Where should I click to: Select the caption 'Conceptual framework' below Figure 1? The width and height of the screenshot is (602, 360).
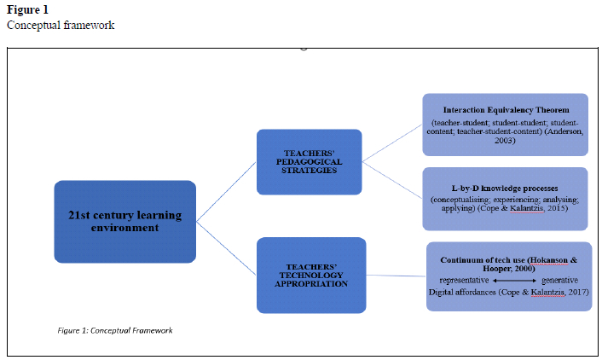click(x=61, y=25)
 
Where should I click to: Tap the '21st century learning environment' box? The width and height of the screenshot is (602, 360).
click(x=124, y=221)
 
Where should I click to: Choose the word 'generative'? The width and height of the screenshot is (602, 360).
click(x=559, y=280)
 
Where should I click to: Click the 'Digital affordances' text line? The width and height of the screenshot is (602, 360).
click(x=508, y=292)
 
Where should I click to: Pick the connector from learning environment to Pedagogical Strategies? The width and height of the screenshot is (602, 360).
click(x=226, y=193)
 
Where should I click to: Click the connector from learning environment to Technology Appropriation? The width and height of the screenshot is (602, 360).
click(x=226, y=247)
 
